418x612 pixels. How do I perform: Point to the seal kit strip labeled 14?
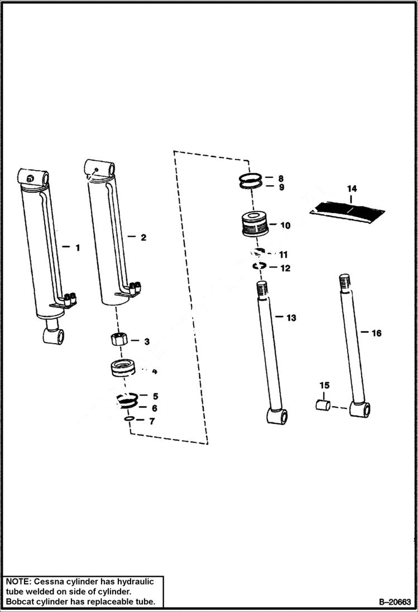pyautogui.click(x=347, y=211)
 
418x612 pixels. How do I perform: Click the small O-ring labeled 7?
pyautogui.click(x=128, y=420)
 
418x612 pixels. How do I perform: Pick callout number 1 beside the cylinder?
pyautogui.click(x=78, y=247)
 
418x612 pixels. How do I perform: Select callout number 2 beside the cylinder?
pyautogui.click(x=143, y=238)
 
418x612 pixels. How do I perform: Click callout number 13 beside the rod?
pyautogui.click(x=291, y=318)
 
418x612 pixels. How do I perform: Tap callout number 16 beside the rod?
pyautogui.click(x=376, y=333)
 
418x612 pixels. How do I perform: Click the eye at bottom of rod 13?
pyautogui.click(x=277, y=416)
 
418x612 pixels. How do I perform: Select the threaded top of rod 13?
pyautogui.click(x=263, y=290)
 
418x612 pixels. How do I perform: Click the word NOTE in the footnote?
pyautogui.click(x=19, y=581)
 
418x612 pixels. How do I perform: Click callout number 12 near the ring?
pyautogui.click(x=285, y=268)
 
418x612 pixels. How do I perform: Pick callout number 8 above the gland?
pyautogui.click(x=281, y=178)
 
